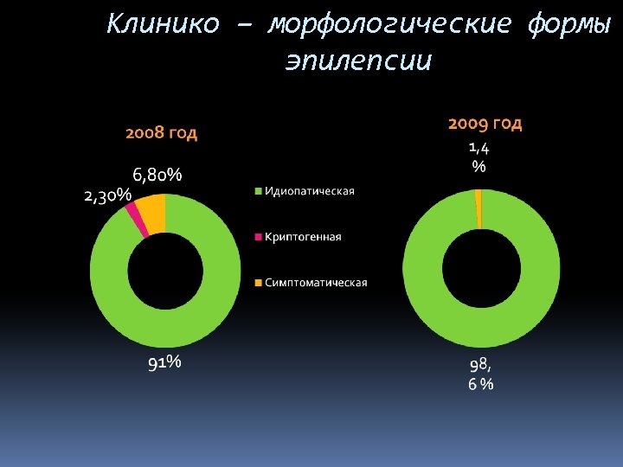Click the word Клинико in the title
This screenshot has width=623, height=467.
pos(163,24)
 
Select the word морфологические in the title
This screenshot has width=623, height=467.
pos(389,24)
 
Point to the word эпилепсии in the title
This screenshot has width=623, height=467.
pos(358,62)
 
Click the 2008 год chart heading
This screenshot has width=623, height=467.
pos(161,133)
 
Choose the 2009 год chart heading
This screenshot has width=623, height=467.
pos(485,124)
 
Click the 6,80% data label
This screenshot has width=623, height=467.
pos(157,176)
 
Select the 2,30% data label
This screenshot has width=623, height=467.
pos(108,196)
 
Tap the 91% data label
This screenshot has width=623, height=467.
pos(164,363)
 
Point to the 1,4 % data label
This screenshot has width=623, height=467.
pos(478,157)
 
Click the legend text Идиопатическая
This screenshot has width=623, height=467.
pos(309,191)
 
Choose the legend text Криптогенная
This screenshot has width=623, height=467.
pos(303,237)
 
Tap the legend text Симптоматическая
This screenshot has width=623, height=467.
pos(316,283)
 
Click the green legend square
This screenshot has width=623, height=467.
pos(257,191)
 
